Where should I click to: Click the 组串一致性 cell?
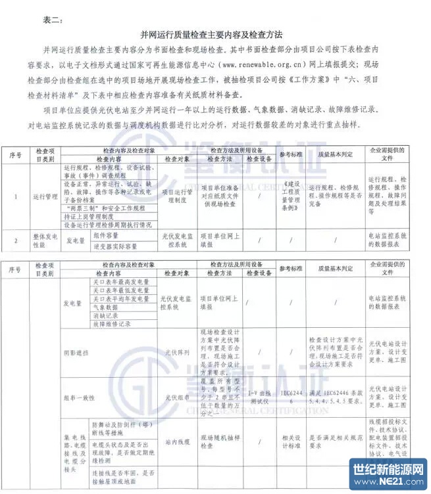pyautogui.click(x=80, y=397)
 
